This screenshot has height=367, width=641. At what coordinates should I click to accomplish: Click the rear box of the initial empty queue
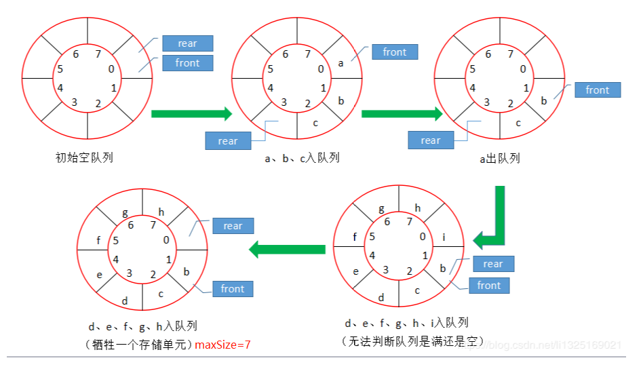pyautogui.click(x=187, y=43)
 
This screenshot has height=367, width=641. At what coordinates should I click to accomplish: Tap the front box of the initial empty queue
pyautogui.click(x=187, y=63)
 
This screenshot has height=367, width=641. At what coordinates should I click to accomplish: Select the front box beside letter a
pyautogui.click(x=394, y=52)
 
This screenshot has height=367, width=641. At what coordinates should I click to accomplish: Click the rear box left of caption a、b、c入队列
pyautogui.click(x=228, y=141)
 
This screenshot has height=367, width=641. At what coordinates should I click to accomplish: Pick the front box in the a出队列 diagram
pyautogui.click(x=598, y=90)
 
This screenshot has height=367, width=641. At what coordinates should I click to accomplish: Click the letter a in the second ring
pyautogui.click(x=341, y=63)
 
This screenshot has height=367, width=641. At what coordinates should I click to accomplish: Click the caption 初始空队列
pyautogui.click(x=83, y=158)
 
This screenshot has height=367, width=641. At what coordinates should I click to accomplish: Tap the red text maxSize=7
pyautogui.click(x=223, y=345)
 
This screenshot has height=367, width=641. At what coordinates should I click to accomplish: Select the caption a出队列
pyautogui.click(x=500, y=159)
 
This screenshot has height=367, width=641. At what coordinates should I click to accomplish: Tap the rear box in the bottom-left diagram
pyautogui.click(x=233, y=226)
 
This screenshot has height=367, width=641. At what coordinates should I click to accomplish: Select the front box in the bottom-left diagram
pyautogui.click(x=232, y=289)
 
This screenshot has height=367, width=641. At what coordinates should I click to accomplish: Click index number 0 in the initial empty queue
pyautogui.click(x=111, y=69)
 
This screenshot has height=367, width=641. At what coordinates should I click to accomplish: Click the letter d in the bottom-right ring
pyautogui.click(x=381, y=297)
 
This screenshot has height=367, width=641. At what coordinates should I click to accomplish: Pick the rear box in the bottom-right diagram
pyautogui.click(x=492, y=264)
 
